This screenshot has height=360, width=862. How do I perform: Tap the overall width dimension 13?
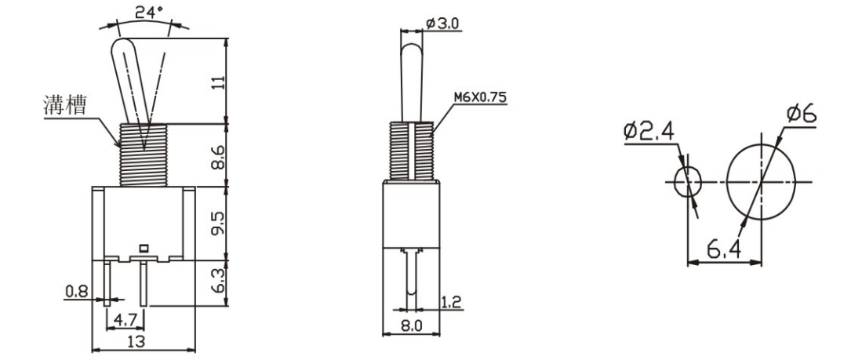pyautogui.click(x=138, y=342)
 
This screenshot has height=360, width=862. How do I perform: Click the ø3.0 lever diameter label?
pyautogui.click(x=443, y=24)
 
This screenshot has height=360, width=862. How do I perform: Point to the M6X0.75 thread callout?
pyautogui.click(x=481, y=100)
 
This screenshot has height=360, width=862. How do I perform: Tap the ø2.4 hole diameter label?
pyautogui.click(x=648, y=131)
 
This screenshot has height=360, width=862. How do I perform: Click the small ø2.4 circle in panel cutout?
pyautogui.click(x=689, y=181)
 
